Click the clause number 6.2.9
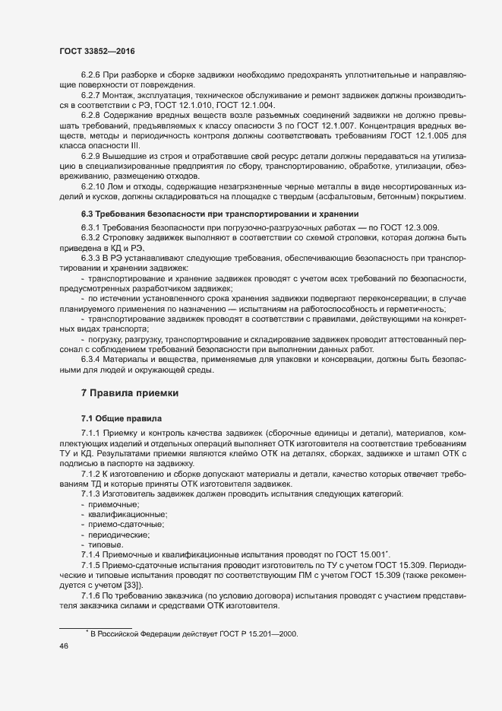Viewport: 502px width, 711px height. point(90,155)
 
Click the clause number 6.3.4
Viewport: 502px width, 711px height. point(90,357)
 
